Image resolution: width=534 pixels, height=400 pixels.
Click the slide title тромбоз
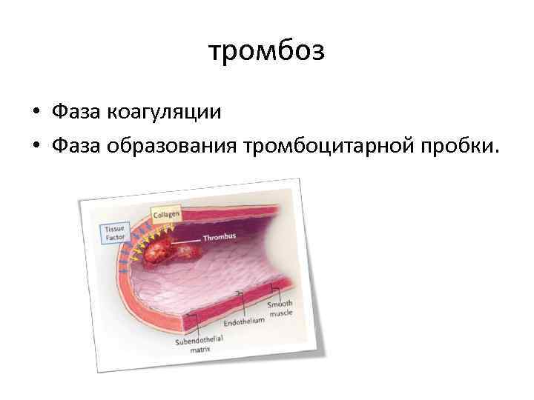[x=266, y=53]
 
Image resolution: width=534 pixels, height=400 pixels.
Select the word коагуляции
[x=164, y=112]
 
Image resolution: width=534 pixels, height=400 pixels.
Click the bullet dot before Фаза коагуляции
[x=36, y=113]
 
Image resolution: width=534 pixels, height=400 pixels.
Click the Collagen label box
[x=165, y=213]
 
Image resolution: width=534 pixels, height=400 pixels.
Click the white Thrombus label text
[x=220, y=238]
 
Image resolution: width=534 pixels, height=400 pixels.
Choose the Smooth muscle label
[x=280, y=307]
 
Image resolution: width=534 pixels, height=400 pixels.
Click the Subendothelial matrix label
[x=199, y=344]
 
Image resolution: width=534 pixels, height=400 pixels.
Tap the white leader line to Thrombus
[x=188, y=240]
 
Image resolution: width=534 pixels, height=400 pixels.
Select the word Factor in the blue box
[x=114, y=239]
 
